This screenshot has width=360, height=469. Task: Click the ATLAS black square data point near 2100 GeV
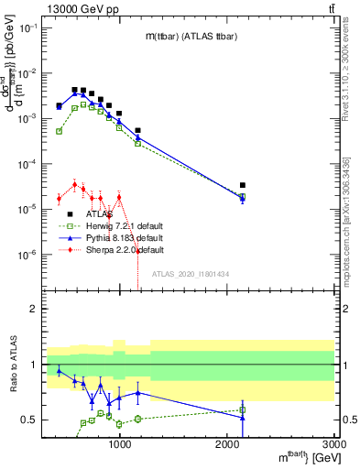(x=243, y=185)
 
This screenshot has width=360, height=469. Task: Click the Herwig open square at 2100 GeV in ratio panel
(x=243, y=409)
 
